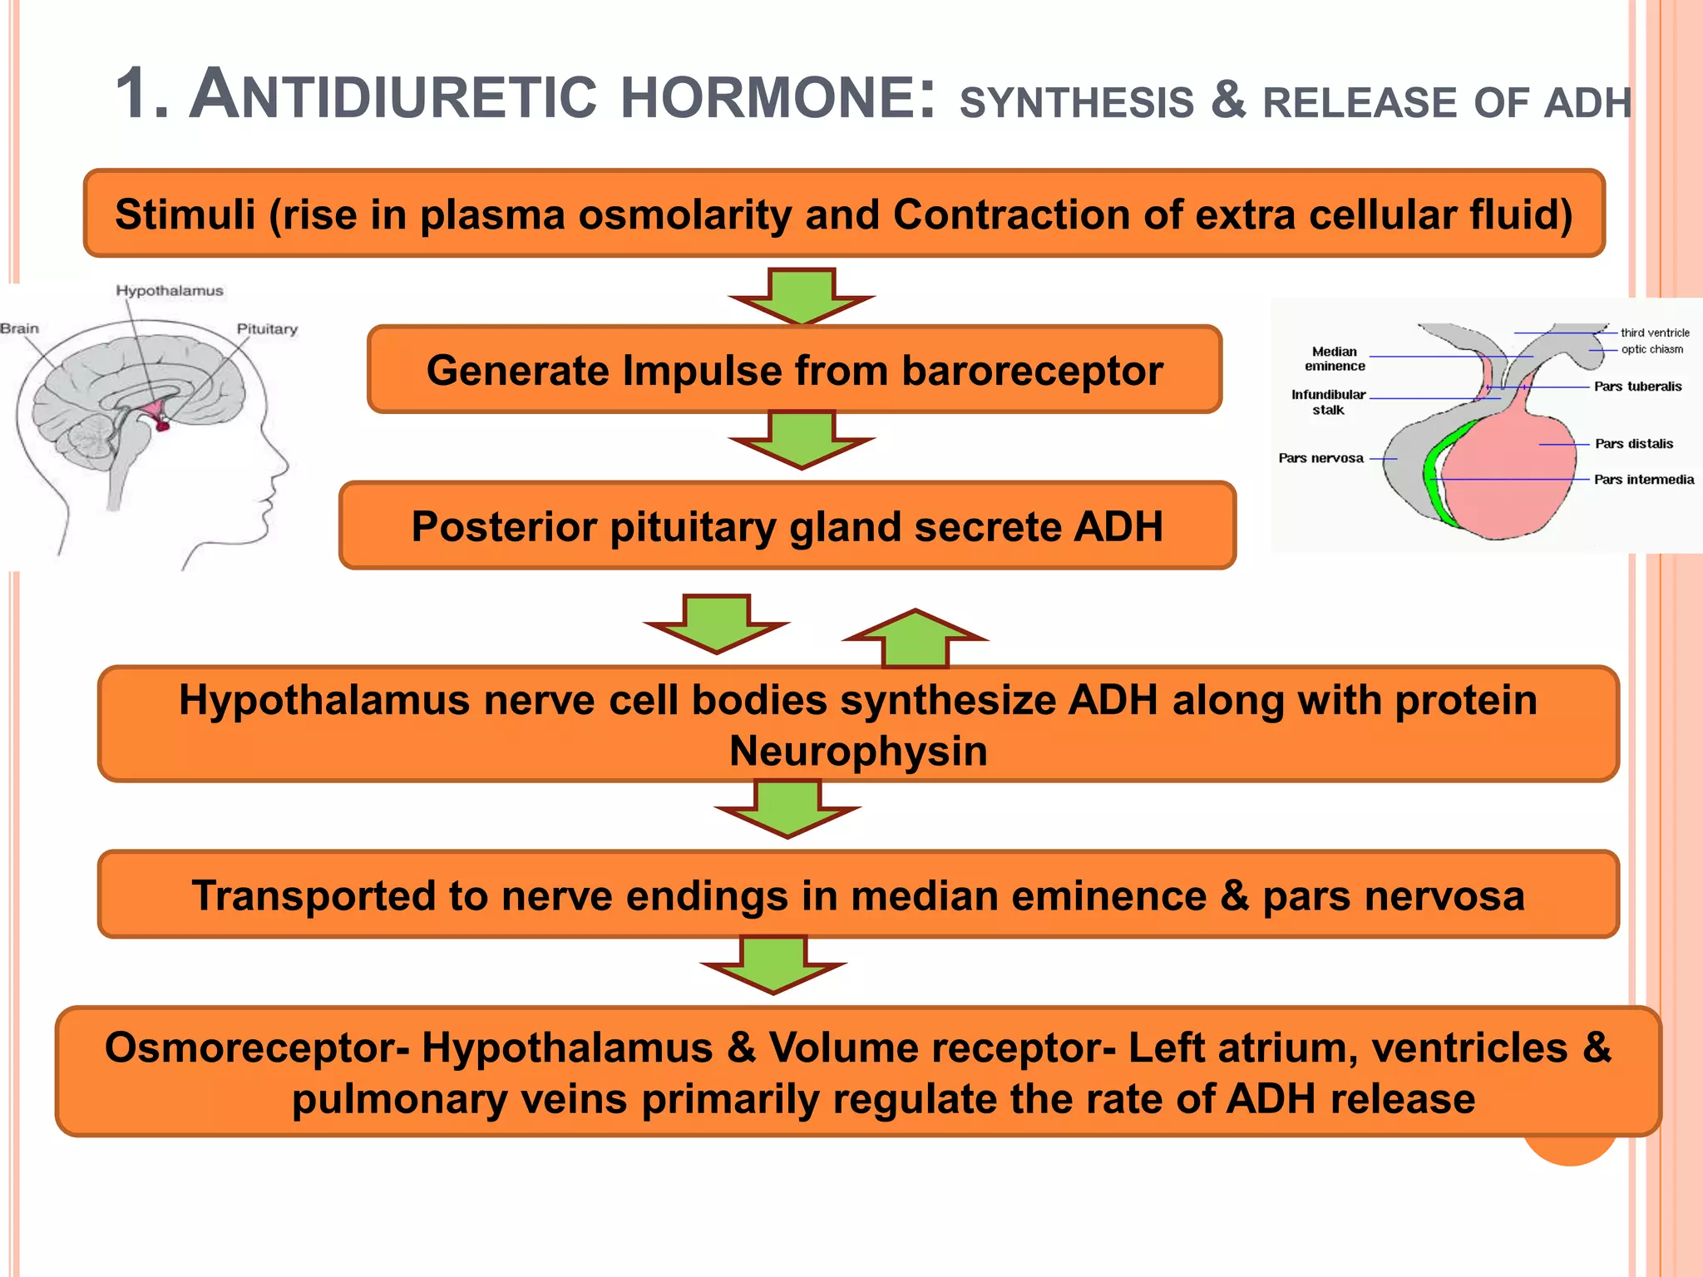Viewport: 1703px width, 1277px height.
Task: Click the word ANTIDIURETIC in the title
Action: pyautogui.click(x=392, y=95)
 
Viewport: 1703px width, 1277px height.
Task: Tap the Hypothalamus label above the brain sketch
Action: pyautogui.click(x=170, y=291)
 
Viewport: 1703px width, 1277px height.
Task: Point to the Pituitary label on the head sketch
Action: pyautogui.click(x=267, y=329)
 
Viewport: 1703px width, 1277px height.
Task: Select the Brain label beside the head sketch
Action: pyautogui.click(x=20, y=329)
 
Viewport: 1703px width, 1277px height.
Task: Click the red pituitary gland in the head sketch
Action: pyautogui.click(x=162, y=425)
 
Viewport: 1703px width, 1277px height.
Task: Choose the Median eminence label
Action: pyautogui.click(x=1335, y=359)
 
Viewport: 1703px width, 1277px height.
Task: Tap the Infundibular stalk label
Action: pyautogui.click(x=1328, y=402)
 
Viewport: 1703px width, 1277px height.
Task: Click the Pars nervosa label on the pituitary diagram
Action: pyautogui.click(x=1320, y=458)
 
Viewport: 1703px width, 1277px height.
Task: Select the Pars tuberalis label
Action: pyautogui.click(x=1637, y=387)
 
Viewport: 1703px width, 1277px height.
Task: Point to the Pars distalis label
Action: pyautogui.click(x=1633, y=444)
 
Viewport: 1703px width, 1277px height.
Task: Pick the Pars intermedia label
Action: pyautogui.click(x=1643, y=480)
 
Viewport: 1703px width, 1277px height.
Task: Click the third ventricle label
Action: pyautogui.click(x=1655, y=333)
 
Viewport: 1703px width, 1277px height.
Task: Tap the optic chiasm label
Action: pyautogui.click(x=1651, y=349)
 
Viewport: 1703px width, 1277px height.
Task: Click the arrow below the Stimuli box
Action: pyautogui.click(x=802, y=295)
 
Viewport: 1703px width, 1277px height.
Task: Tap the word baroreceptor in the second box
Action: pyautogui.click(x=1032, y=371)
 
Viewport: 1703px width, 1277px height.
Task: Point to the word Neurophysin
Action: pyautogui.click(x=858, y=751)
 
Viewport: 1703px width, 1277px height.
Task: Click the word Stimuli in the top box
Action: pyautogui.click(x=185, y=214)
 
